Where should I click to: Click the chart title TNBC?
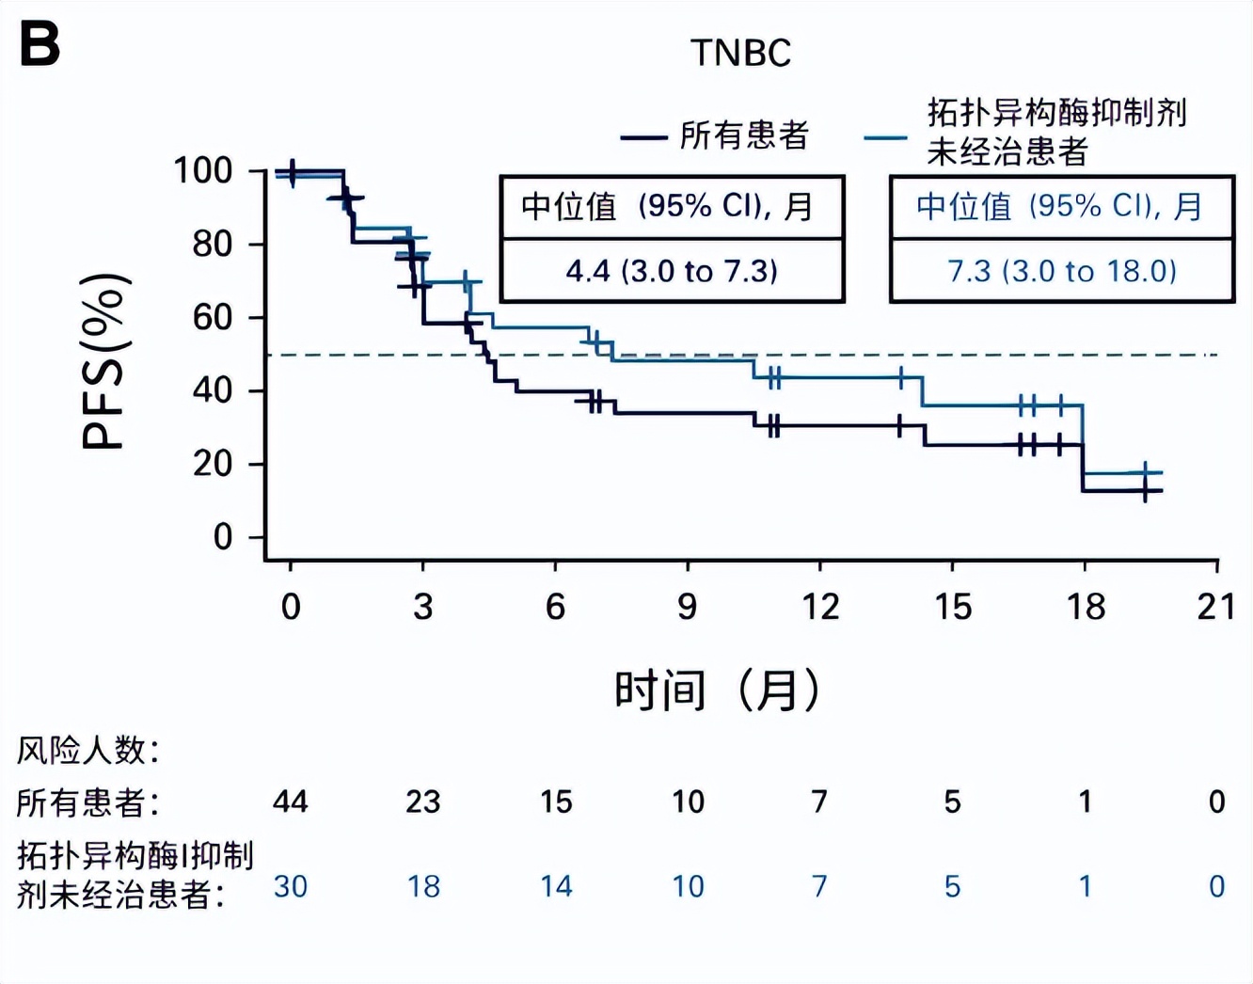pos(740,53)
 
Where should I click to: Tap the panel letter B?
pos(40,45)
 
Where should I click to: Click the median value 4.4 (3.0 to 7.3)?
pos(672,271)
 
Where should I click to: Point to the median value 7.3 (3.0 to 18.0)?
pos(1061,271)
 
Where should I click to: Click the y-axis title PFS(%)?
pos(104,362)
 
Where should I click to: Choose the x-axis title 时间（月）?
pos(717,690)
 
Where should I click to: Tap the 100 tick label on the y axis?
pos(202,171)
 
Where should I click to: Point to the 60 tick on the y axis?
pos(213,318)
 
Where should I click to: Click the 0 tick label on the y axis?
pos(223,537)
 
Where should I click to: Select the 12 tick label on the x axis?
pos(820,607)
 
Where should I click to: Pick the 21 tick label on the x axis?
pos(1216,607)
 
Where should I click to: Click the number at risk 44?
pos(291,801)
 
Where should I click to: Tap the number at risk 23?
pos(423,801)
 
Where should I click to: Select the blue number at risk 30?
pos(291,886)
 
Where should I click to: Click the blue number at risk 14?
pos(556,886)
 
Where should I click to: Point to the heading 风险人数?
pos(88,750)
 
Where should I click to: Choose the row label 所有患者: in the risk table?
pos(88,802)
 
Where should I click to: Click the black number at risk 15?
pos(556,801)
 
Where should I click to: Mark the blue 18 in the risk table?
pos(423,886)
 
